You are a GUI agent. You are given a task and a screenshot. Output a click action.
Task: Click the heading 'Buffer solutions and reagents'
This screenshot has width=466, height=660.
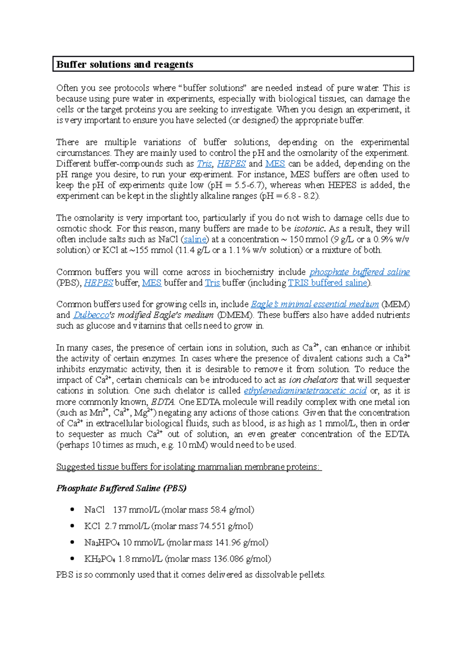(125, 65)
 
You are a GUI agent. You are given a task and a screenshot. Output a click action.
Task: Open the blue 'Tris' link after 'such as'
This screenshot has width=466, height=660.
(204, 164)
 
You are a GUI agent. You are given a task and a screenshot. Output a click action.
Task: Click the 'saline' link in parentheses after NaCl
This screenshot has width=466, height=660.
(195, 239)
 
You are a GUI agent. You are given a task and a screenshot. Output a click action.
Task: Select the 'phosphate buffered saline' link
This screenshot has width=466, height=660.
(359, 272)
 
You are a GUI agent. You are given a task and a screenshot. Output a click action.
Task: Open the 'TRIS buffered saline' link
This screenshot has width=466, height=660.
(328, 283)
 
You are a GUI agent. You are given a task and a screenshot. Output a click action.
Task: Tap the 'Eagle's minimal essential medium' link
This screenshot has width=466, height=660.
(315, 304)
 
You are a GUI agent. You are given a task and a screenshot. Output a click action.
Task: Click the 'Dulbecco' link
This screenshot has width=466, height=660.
(91, 315)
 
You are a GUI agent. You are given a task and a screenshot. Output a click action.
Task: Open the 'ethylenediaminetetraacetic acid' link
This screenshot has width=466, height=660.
(305, 391)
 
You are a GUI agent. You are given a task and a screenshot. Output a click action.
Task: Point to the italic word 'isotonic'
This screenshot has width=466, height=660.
(309, 229)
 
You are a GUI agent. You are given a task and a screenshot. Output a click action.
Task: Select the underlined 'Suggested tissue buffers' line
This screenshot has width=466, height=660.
(189, 467)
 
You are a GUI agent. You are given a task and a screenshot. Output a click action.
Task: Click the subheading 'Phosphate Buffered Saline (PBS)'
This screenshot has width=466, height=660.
(121, 488)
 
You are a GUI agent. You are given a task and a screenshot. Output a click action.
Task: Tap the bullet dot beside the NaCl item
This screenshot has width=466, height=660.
(72, 510)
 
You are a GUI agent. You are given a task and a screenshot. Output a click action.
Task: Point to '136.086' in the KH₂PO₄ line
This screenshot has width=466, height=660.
(228, 559)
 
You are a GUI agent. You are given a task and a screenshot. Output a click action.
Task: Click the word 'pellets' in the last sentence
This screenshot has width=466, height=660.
(312, 575)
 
